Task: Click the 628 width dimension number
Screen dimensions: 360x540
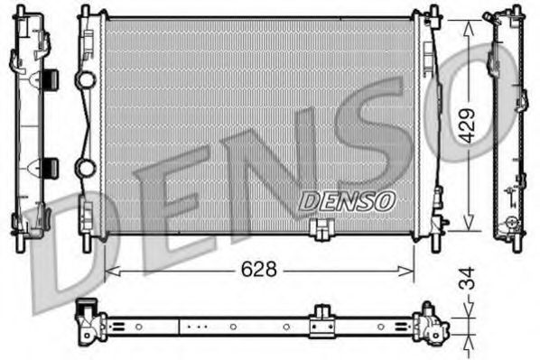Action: point(260,269)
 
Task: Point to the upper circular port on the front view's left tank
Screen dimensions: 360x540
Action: point(85,80)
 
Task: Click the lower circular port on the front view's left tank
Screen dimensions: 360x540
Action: point(85,168)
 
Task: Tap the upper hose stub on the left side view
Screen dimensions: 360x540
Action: point(49,78)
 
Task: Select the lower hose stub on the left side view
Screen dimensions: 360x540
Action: point(49,167)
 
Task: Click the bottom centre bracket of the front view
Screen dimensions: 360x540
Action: point(320,231)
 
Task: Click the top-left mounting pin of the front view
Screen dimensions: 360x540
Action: point(86,12)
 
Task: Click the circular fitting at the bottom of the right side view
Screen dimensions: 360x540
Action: point(512,222)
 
